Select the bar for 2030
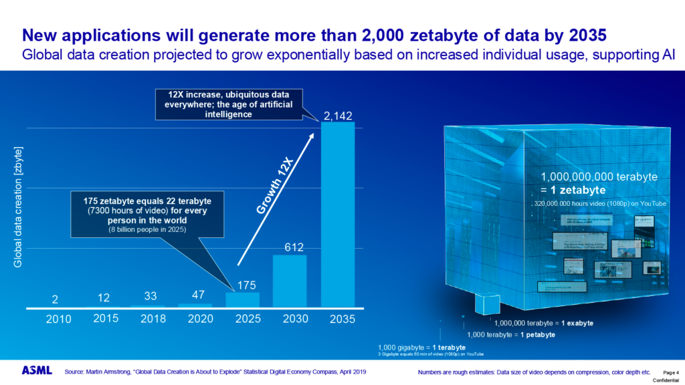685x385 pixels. click(289, 281)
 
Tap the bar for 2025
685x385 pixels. click(241, 300)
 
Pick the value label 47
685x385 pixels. click(194, 295)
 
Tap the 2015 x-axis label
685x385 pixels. click(106, 318)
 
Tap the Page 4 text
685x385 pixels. click(670, 372)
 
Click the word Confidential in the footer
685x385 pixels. click(666, 380)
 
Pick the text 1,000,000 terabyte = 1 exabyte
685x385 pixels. click(543, 323)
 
